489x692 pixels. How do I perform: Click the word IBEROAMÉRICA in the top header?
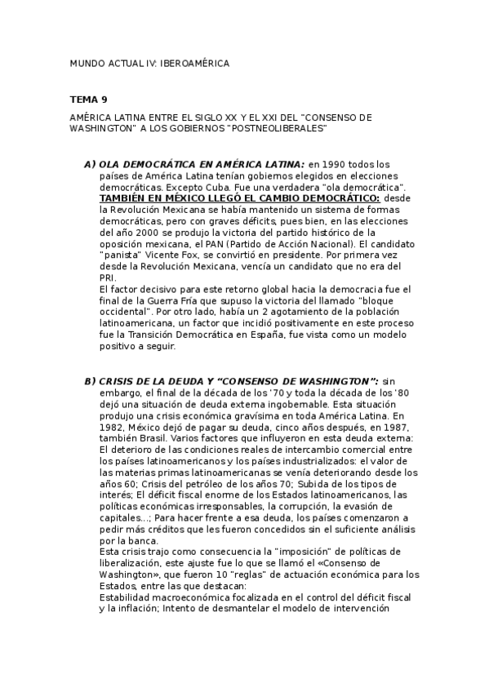coord(195,63)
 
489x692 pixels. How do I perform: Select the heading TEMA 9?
coord(88,100)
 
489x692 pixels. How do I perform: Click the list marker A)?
coord(90,164)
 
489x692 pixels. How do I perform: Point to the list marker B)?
coord(90,381)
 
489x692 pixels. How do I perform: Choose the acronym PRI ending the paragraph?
coord(107,278)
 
